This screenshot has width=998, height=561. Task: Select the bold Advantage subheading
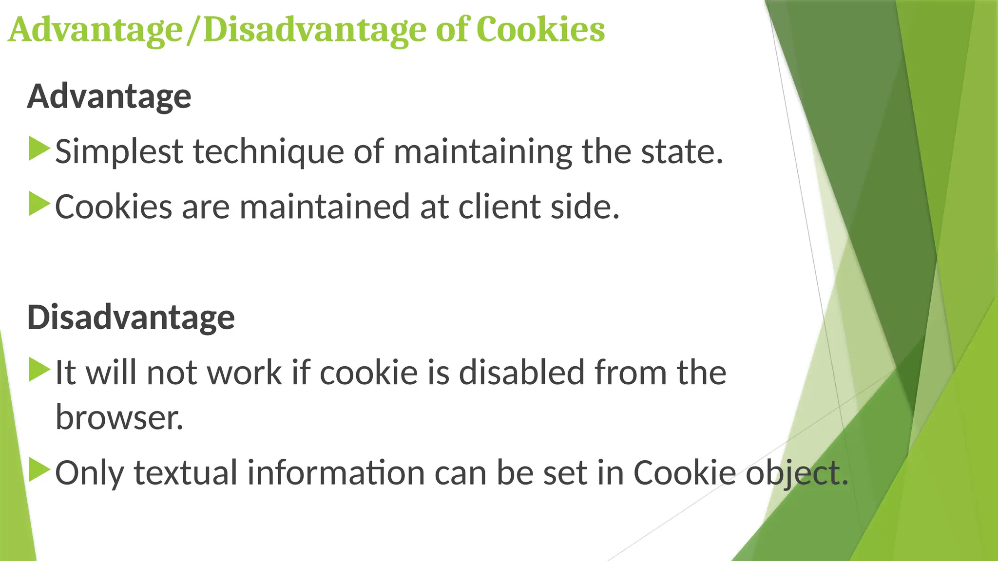[109, 96]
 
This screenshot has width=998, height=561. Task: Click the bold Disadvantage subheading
[131, 318]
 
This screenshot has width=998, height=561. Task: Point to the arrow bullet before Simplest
[39, 149]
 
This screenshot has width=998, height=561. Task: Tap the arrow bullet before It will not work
[39, 370]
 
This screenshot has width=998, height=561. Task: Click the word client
[499, 207]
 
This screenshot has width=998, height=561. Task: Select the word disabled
[521, 373]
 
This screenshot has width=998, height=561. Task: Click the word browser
[119, 418]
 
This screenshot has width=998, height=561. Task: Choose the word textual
[185, 473]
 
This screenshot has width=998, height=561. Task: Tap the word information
[336, 473]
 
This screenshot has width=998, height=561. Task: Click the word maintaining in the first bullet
[482, 152]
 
